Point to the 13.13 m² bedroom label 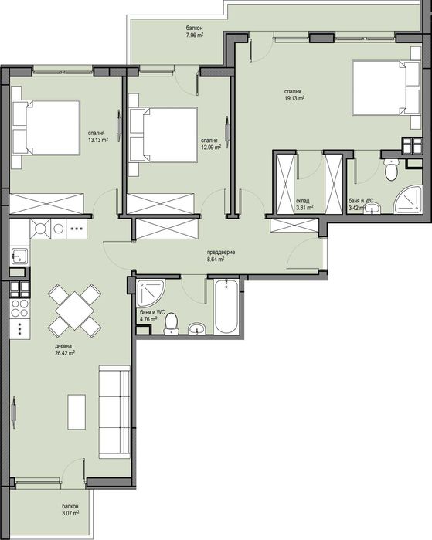97,136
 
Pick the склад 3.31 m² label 304,203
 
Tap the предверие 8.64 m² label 220,256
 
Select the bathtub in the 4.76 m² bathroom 226,307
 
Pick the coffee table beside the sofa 76,411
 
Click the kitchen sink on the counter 19,256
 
